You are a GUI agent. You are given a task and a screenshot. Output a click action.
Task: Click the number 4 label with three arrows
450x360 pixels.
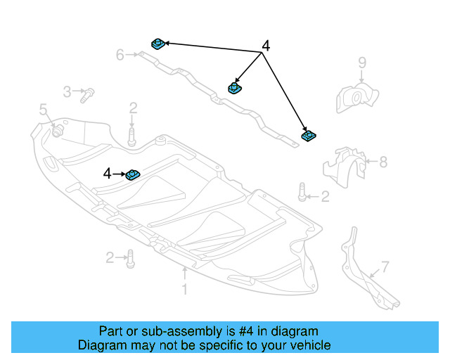(x=265, y=46)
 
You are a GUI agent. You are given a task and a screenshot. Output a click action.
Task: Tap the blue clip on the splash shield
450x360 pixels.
(x=133, y=174)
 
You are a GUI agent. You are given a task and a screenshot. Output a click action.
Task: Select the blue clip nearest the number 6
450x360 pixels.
(x=157, y=45)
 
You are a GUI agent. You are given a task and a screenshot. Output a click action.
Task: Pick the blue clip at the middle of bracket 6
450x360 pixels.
(x=234, y=88)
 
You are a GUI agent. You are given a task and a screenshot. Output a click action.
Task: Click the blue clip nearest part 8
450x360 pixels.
(x=307, y=134)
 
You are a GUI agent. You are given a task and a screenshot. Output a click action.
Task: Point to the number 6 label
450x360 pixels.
(x=120, y=54)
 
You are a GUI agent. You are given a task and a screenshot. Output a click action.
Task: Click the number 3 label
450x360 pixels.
(x=67, y=91)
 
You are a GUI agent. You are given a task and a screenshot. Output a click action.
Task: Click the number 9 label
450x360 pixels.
(x=362, y=63)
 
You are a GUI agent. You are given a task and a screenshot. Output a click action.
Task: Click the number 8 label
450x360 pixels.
(x=383, y=162)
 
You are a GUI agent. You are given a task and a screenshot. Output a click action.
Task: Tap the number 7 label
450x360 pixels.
(x=385, y=266)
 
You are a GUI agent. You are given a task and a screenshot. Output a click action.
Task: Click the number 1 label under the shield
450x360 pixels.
(x=185, y=289)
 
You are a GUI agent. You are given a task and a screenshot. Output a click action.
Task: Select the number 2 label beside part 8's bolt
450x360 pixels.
(x=325, y=197)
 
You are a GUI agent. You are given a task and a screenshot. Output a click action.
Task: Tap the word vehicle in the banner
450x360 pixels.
(x=309, y=345)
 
